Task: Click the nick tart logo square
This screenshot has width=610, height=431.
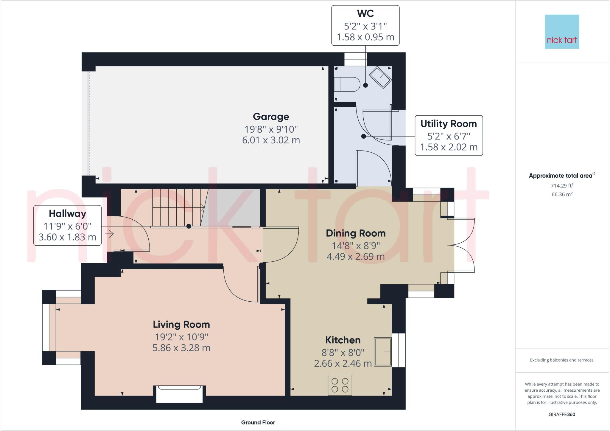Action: pyautogui.click(x=562, y=32)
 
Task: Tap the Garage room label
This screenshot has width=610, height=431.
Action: pyautogui.click(x=271, y=117)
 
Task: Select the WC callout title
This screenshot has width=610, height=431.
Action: pyautogui.click(x=365, y=13)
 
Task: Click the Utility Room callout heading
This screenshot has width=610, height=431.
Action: pyautogui.click(x=449, y=124)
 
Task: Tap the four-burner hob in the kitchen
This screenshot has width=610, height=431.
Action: pyautogui.click(x=340, y=385)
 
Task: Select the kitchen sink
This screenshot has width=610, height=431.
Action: pyautogui.click(x=383, y=352)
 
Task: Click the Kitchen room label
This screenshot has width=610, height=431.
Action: pyautogui.click(x=343, y=340)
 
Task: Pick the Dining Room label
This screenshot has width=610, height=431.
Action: pyautogui.click(x=356, y=233)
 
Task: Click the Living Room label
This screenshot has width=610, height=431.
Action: pyautogui.click(x=181, y=324)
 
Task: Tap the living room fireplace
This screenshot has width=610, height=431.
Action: pyautogui.click(x=179, y=394)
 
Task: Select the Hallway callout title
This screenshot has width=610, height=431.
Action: pyautogui.click(x=68, y=213)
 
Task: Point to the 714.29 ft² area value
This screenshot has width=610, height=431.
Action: pyautogui.click(x=562, y=185)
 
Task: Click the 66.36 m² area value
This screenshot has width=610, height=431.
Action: pyautogui.click(x=562, y=194)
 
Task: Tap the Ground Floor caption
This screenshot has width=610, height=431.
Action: pyautogui.click(x=258, y=422)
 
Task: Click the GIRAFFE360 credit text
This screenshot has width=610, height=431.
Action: pyautogui.click(x=562, y=414)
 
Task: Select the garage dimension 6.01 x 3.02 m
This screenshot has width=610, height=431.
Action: pyautogui.click(x=271, y=140)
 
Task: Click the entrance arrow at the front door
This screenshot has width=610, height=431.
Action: pyautogui.click(x=109, y=234)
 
